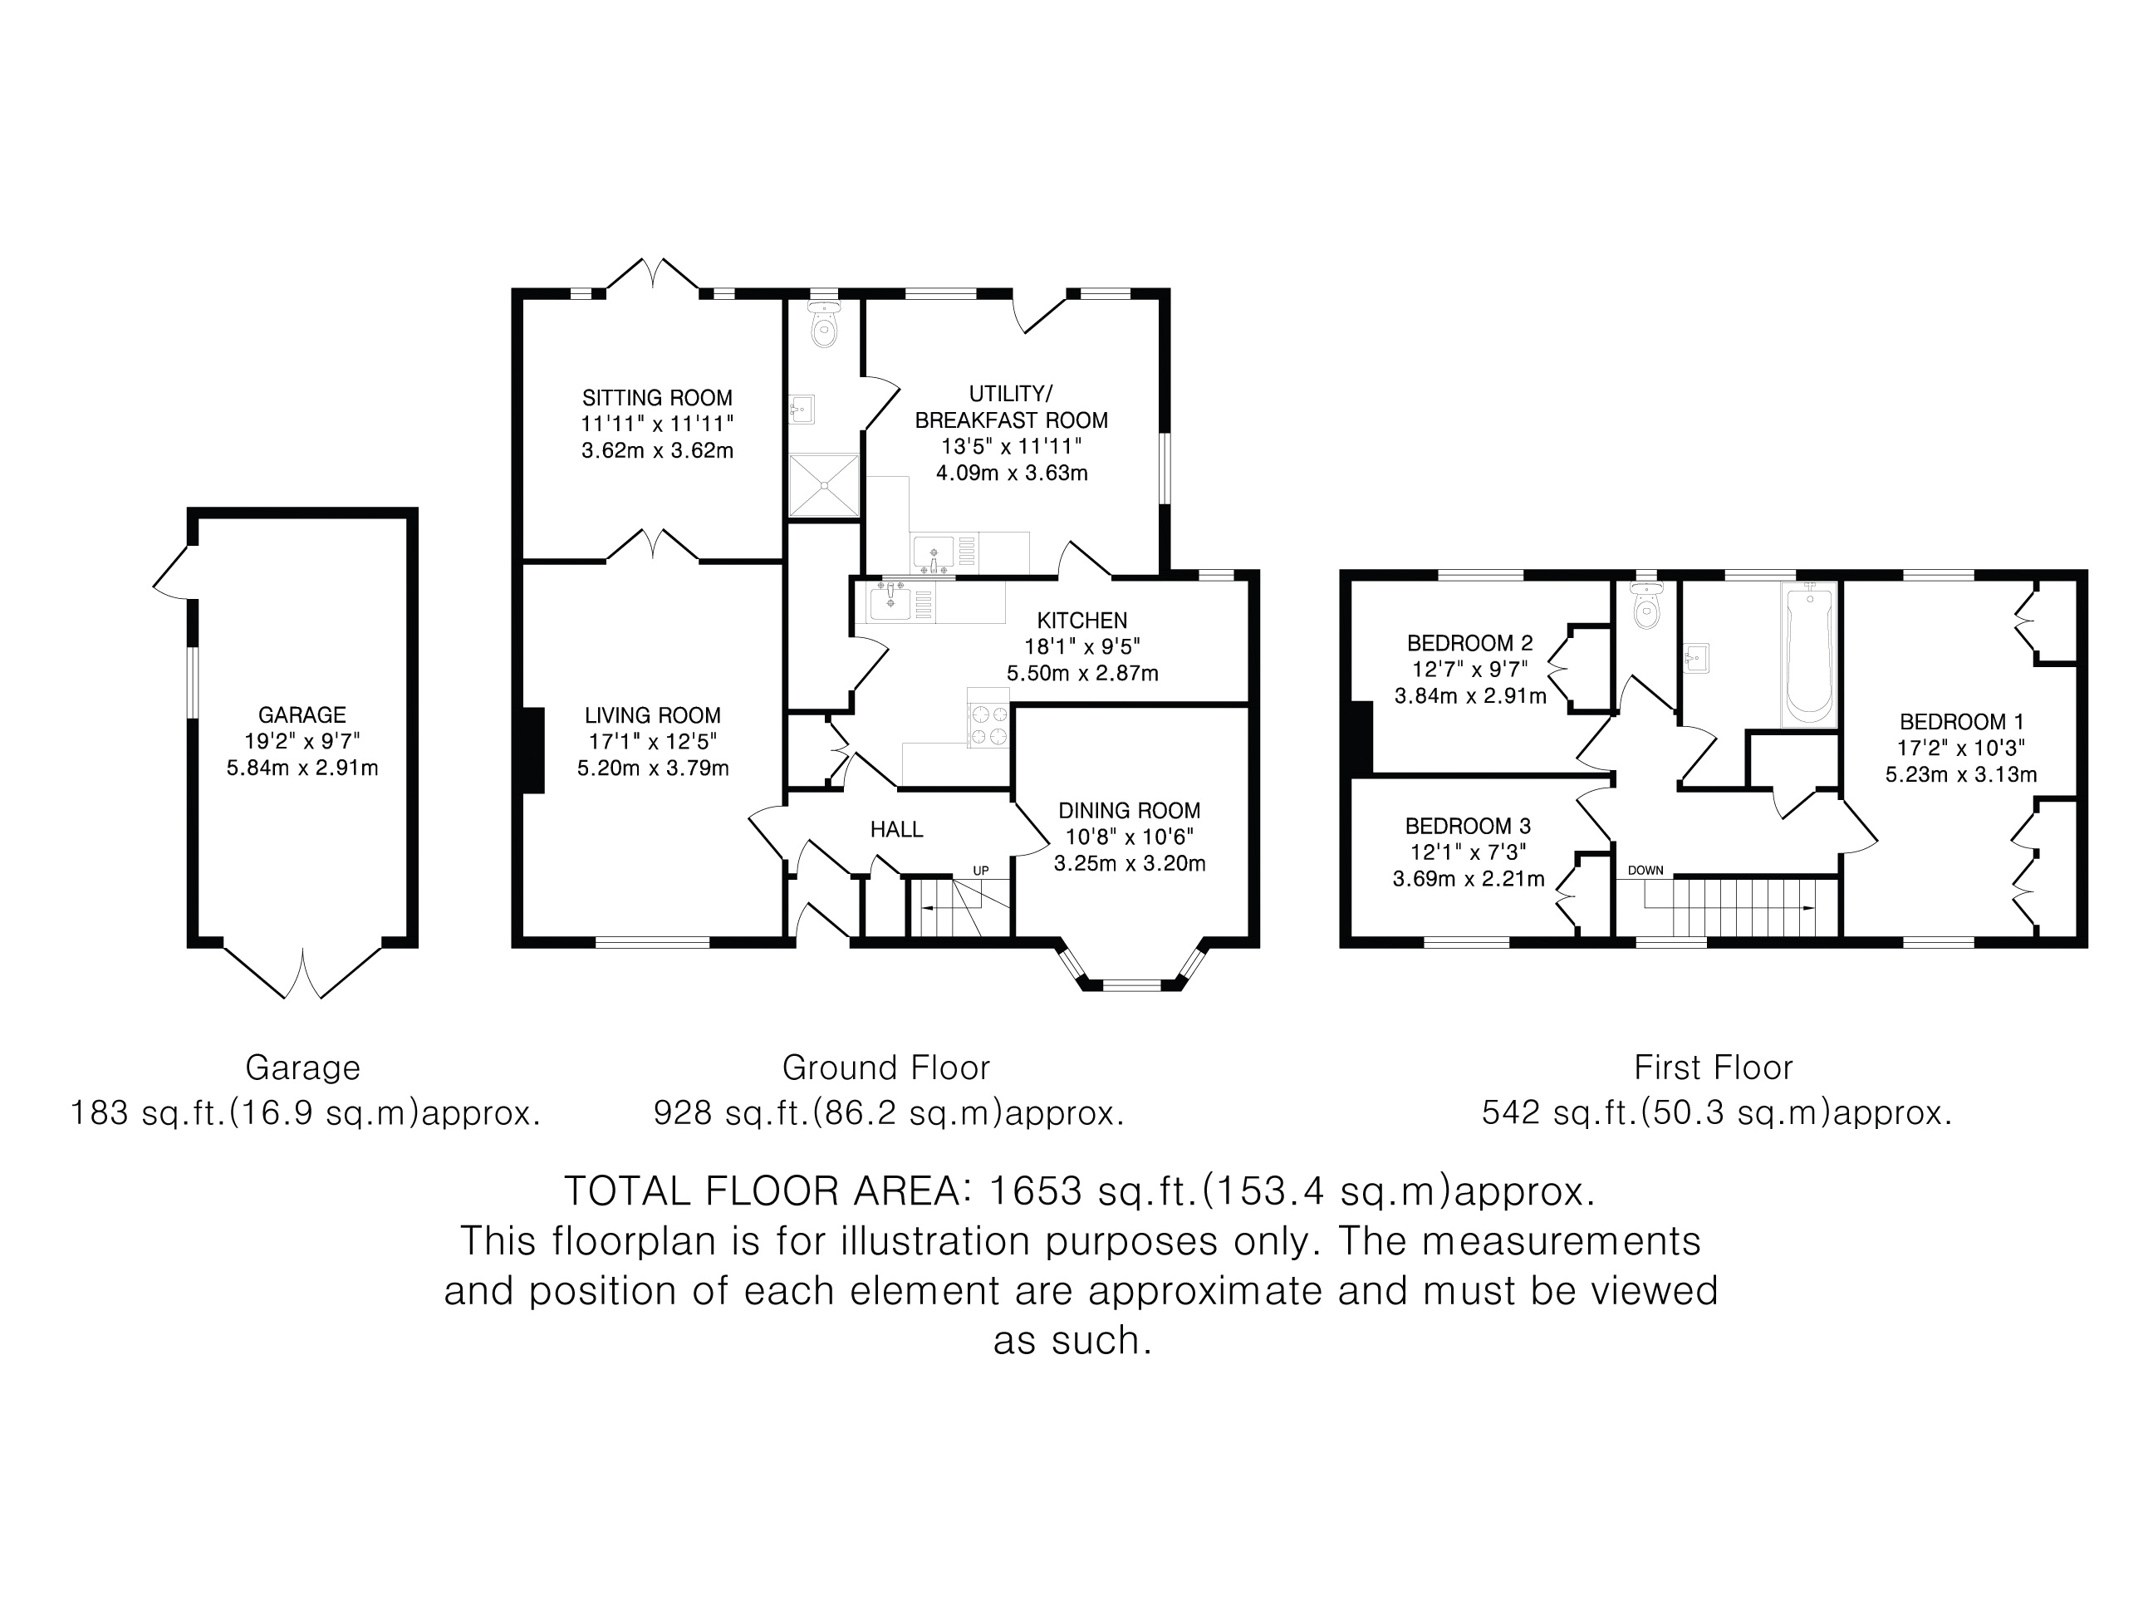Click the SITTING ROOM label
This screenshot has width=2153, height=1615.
[657, 398]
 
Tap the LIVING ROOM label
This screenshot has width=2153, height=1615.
[652, 715]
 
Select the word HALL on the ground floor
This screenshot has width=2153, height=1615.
[896, 829]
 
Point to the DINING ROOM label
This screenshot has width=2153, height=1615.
[1129, 811]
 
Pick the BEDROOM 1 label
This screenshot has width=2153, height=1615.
[1961, 722]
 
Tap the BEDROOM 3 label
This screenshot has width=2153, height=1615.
[1468, 827]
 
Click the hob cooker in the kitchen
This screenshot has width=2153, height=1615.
[988, 719]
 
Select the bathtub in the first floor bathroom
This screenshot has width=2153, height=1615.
[1809, 653]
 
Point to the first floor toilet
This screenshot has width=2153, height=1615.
[1645, 606]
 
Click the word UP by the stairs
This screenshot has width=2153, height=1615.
[981, 871]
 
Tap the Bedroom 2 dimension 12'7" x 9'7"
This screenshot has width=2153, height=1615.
[1469, 670]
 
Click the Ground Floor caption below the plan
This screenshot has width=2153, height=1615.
[885, 1068]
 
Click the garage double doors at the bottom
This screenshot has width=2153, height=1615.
[302, 971]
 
